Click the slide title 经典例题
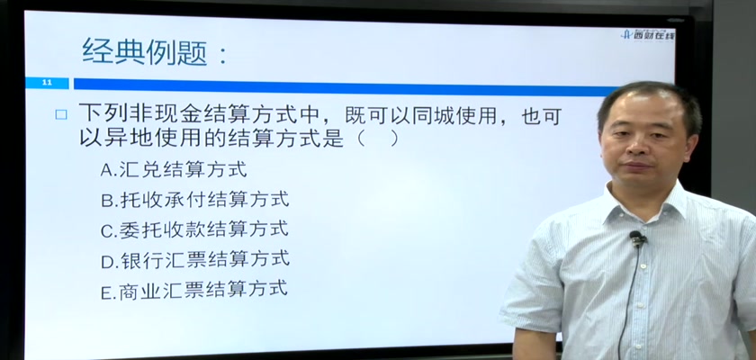pos(145,51)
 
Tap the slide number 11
pos(47,84)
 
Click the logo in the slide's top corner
pos(647,34)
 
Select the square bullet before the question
pos(61,114)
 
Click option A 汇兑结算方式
pos(174,169)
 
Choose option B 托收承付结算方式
pos(194,200)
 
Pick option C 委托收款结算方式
pos(194,229)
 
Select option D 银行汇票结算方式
pos(195,260)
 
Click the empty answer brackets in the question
pos(377,139)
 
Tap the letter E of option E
pos(105,292)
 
